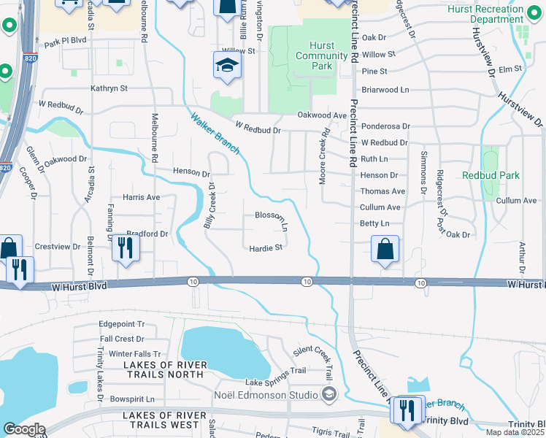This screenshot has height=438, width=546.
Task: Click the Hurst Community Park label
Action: [314, 55]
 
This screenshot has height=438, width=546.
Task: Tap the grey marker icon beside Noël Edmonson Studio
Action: [329, 395]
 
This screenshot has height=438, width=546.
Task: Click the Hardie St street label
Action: [266, 248]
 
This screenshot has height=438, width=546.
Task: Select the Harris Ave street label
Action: [141, 197]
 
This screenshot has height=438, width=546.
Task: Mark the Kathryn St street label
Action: [109, 88]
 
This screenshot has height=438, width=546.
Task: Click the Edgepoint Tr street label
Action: [122, 325]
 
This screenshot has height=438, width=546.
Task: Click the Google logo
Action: [24, 430]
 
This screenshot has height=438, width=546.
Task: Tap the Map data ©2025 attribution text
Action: [516, 432]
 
